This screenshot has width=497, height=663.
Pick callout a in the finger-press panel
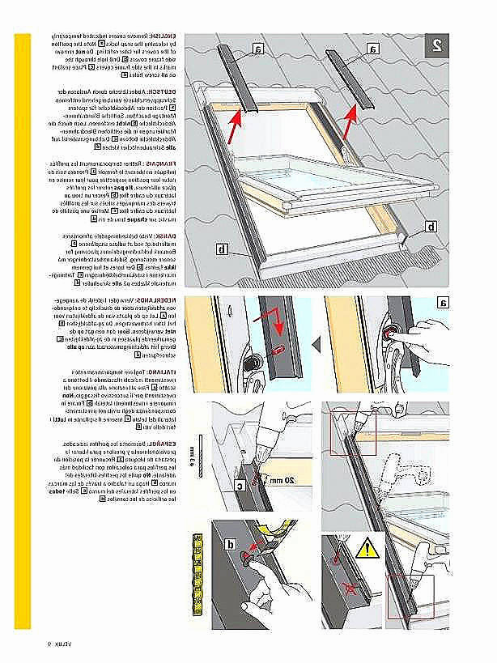(443, 304)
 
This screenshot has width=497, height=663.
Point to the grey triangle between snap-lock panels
(316, 346)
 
